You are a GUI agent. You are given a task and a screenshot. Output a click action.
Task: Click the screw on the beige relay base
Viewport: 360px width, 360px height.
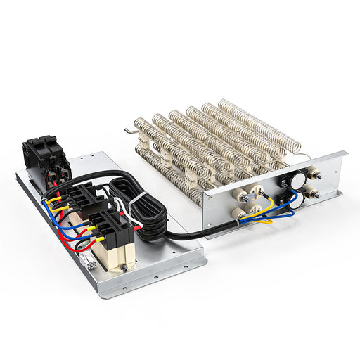click(x=122, y=266)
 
